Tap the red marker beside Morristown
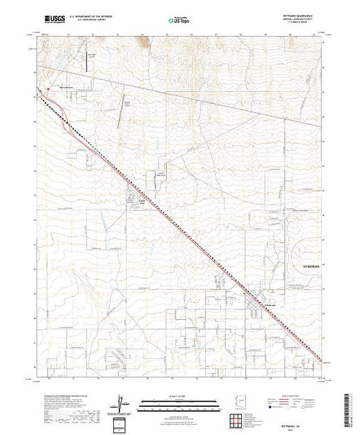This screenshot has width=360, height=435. pos(48,88)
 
